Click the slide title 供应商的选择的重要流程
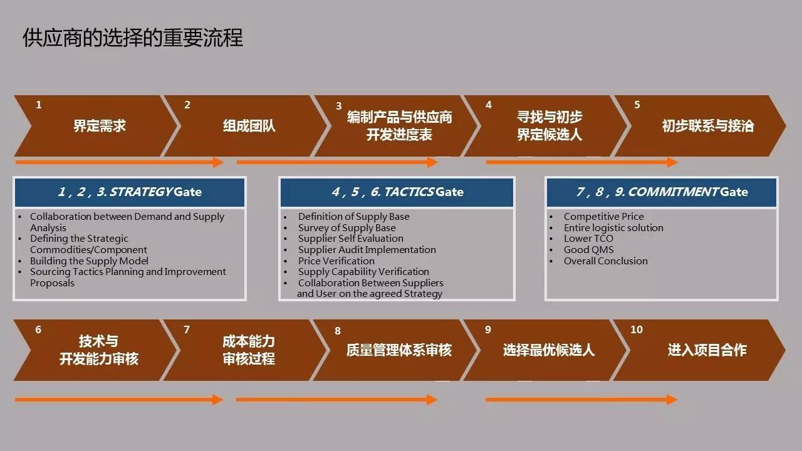tap(132, 38)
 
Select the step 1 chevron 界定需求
tap(100, 126)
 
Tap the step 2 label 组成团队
tap(249, 126)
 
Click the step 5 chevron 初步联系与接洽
tap(707, 126)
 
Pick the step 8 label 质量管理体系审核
tap(399, 350)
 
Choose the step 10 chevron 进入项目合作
tap(707, 350)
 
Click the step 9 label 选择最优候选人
tap(548, 350)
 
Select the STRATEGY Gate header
tap(130, 192)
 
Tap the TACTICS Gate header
tap(397, 192)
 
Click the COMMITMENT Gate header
tap(662, 192)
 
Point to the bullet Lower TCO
tap(588, 239)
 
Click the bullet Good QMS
tap(588, 250)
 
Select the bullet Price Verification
tap(336, 261)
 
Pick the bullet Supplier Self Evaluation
tap(350, 239)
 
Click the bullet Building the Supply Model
tap(89, 261)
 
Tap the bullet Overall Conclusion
tap(605, 261)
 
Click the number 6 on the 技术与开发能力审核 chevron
tap(38, 329)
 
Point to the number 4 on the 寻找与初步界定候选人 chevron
tap(489, 105)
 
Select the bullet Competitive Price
tap(603, 217)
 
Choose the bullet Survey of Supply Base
tap(346, 228)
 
